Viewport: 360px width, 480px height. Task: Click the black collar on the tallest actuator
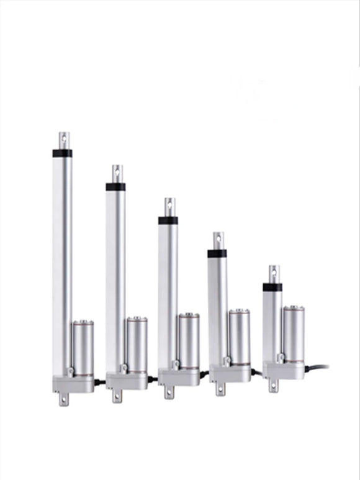click(62, 153)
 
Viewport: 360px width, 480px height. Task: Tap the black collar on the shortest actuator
click(272, 287)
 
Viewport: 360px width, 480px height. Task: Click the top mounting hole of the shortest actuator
click(273, 271)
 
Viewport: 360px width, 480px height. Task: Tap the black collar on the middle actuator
click(168, 220)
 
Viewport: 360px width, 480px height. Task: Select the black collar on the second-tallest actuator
click(115, 186)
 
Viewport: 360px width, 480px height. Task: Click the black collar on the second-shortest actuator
click(217, 253)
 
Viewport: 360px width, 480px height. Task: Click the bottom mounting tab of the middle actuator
click(169, 392)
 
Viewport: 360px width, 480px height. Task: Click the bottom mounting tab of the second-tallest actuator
click(117, 396)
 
